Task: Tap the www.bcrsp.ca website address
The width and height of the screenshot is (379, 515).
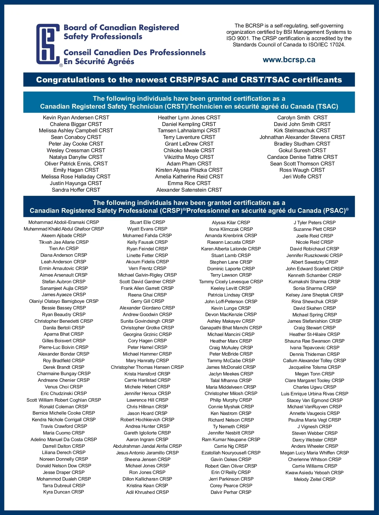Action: coord(289,60)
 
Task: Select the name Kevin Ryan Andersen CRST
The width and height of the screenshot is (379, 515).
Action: coord(76,117)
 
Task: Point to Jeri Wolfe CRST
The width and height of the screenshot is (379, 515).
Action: coord(302,177)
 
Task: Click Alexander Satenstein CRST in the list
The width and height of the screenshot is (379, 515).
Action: coord(189,190)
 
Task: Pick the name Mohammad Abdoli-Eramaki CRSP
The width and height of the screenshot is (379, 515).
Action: coord(64,222)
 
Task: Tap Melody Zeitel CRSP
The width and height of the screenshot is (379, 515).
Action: coord(315,479)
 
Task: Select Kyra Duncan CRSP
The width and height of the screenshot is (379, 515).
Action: coord(64,492)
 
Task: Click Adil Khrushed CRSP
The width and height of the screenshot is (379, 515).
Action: coord(147,492)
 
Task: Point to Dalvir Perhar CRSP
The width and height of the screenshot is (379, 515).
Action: coord(231,492)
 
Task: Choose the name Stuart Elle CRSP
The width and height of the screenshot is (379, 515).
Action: coord(147,222)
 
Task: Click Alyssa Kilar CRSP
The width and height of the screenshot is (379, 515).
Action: coord(231,223)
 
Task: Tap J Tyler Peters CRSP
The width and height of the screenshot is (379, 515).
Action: coord(315,223)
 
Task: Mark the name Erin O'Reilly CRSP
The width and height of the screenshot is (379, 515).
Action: coord(231,472)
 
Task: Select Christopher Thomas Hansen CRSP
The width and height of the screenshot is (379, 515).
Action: coord(147,367)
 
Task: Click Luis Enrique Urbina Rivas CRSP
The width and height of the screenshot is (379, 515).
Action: coord(315,394)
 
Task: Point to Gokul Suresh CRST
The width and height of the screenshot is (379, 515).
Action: coord(302,150)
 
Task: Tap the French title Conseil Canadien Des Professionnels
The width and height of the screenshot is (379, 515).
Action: coord(135,52)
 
